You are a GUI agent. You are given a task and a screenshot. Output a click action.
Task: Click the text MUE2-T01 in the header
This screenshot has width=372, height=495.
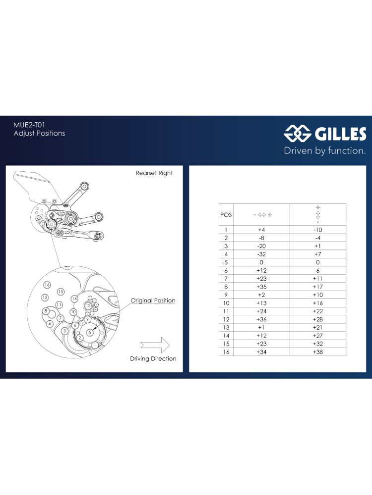click(29, 125)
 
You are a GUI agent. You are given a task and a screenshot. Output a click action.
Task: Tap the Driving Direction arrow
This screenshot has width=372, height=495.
click(155, 345)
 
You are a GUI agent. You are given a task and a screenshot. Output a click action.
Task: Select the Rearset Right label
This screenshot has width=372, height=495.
click(154, 173)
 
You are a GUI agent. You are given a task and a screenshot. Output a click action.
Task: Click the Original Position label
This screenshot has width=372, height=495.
click(153, 300)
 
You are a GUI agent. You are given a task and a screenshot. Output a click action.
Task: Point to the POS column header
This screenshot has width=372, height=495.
click(226, 215)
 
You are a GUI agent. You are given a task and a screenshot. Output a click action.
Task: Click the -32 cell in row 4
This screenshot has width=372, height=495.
click(261, 254)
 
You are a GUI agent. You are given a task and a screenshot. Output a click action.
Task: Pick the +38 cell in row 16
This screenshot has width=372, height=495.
click(317, 352)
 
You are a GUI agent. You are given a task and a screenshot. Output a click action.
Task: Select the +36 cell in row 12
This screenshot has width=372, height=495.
click(261, 319)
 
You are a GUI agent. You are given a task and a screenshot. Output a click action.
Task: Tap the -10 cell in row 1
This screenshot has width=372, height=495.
click(317, 230)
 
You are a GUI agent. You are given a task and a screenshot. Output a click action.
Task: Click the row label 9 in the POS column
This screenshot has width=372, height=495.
click(226, 295)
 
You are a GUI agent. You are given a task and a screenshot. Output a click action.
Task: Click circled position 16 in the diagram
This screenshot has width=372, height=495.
click(47, 285)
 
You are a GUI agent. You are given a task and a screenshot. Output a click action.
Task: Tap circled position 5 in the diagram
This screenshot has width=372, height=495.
click(90, 332)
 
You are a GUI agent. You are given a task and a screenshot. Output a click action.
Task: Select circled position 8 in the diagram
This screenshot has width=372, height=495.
click(46, 311)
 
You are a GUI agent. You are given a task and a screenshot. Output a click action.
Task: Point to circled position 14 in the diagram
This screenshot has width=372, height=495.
click(74, 298)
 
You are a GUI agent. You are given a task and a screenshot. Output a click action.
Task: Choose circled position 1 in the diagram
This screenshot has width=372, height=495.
click(95, 346)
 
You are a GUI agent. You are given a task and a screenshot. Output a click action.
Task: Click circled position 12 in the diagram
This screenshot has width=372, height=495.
click(45, 297)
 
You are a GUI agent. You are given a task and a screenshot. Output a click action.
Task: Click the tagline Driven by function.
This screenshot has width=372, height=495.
click(324, 150)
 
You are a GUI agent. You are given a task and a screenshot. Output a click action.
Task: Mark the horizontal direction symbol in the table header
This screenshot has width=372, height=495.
click(262, 215)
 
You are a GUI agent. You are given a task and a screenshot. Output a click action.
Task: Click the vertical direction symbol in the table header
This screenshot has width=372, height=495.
click(318, 215)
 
